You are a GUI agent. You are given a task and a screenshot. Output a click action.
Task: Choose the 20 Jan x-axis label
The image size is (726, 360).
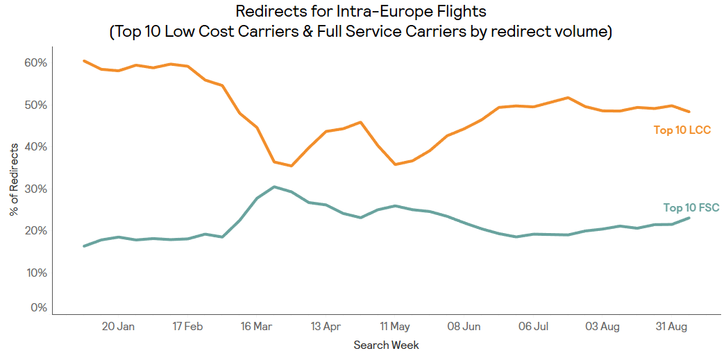pos(118,327)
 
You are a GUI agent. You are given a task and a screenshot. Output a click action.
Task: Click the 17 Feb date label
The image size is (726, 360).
pos(187,327)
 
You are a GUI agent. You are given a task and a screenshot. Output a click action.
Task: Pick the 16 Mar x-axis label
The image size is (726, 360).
pos(256,327)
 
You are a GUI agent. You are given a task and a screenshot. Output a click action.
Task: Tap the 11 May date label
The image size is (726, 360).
pos(395,327)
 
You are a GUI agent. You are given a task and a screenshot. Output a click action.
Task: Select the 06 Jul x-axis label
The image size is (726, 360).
pos(534,327)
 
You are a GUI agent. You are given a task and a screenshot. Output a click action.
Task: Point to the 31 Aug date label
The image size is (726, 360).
pos(672,327)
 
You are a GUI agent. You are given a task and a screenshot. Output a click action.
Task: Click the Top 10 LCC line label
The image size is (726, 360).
pos(682,130)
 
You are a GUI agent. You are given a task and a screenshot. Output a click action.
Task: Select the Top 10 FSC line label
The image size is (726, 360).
pos(691,207)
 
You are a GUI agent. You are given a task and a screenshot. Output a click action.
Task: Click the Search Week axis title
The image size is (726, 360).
pos(386,345)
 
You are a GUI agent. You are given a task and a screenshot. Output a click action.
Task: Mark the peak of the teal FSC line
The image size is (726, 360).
pos(274,187)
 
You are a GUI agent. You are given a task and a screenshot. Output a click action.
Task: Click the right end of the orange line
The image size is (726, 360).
pos(689,112)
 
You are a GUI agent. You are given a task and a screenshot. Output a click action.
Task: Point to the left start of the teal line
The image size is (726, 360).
pos(84,246)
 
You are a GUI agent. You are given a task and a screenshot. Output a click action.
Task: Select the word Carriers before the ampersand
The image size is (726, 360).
pos(324,32)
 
